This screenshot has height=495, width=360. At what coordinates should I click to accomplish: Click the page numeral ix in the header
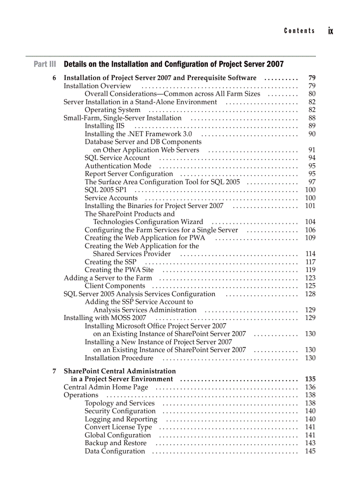[330, 31]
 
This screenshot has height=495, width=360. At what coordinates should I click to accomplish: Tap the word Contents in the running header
[300, 31]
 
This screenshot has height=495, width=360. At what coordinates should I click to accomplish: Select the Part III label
[45, 64]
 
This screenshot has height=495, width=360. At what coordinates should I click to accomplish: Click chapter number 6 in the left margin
[54, 78]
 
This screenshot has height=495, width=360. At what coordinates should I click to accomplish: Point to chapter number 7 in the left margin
[54, 371]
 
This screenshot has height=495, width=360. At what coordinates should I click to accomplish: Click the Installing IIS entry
[105, 126]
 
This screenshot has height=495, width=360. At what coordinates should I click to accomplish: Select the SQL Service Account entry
[117, 158]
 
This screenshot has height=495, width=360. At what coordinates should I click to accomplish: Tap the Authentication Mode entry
[118, 166]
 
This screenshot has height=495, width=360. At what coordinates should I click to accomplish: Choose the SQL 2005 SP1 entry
[105, 190]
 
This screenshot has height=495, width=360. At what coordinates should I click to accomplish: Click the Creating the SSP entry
[110, 262]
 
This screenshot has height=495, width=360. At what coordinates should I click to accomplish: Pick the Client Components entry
[115, 286]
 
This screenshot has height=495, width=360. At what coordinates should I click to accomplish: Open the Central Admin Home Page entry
[106, 387]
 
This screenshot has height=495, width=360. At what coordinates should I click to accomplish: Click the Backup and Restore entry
[116, 443]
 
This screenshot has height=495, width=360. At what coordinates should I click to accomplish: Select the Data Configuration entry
[115, 451]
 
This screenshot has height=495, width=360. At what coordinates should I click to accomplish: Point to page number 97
[312, 182]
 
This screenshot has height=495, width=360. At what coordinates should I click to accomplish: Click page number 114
[310, 254]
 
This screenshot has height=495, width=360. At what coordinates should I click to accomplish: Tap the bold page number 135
[310, 379]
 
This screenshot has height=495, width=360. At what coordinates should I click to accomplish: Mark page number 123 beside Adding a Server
[310, 278]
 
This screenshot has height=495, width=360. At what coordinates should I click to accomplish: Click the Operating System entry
[112, 110]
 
